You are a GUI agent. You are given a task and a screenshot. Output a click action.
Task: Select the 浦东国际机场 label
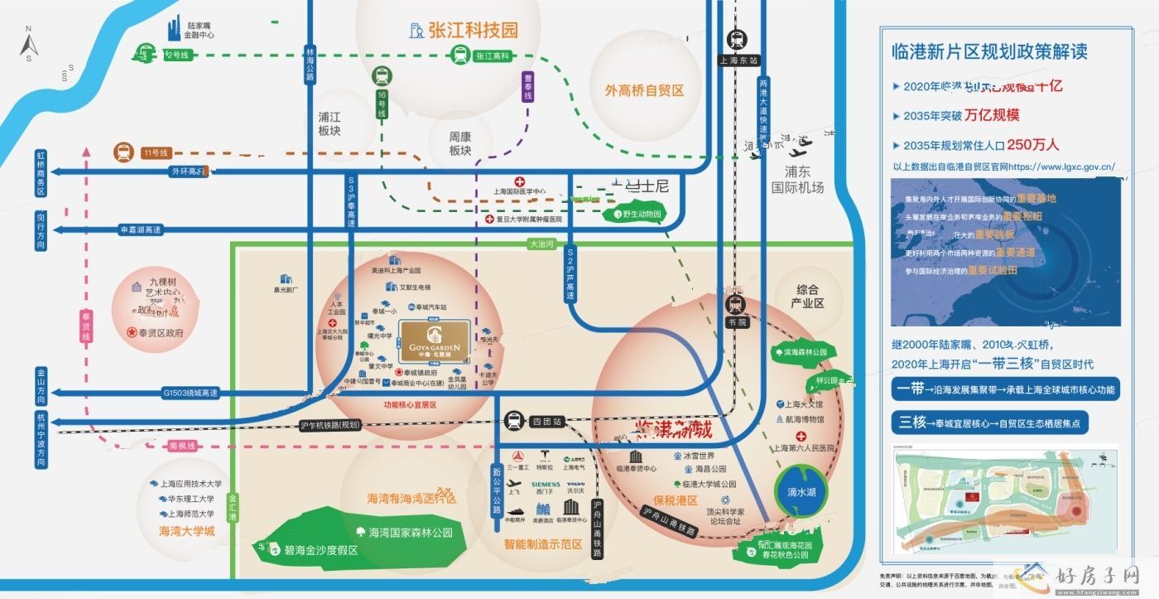click(797, 180)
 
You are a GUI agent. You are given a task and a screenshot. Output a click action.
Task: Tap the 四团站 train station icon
click(515, 421)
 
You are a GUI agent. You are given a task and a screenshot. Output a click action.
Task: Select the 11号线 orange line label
click(156, 152)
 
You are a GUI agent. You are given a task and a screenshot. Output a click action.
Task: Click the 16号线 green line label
click(382, 105)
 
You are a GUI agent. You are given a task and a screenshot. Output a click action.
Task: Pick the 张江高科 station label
click(493, 56)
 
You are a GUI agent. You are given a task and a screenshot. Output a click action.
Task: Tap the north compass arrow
click(27, 42)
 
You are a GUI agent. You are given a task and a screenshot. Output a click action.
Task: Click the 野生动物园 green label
click(642, 215)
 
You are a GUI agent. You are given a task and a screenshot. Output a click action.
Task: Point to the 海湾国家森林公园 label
click(411, 533)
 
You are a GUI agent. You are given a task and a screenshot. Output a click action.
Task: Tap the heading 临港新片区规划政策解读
click(989, 51)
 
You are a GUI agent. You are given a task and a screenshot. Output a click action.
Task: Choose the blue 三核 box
click(910, 422)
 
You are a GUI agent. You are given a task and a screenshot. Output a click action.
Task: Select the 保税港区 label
click(676, 500)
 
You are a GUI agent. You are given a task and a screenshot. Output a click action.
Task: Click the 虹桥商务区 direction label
click(41, 173)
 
